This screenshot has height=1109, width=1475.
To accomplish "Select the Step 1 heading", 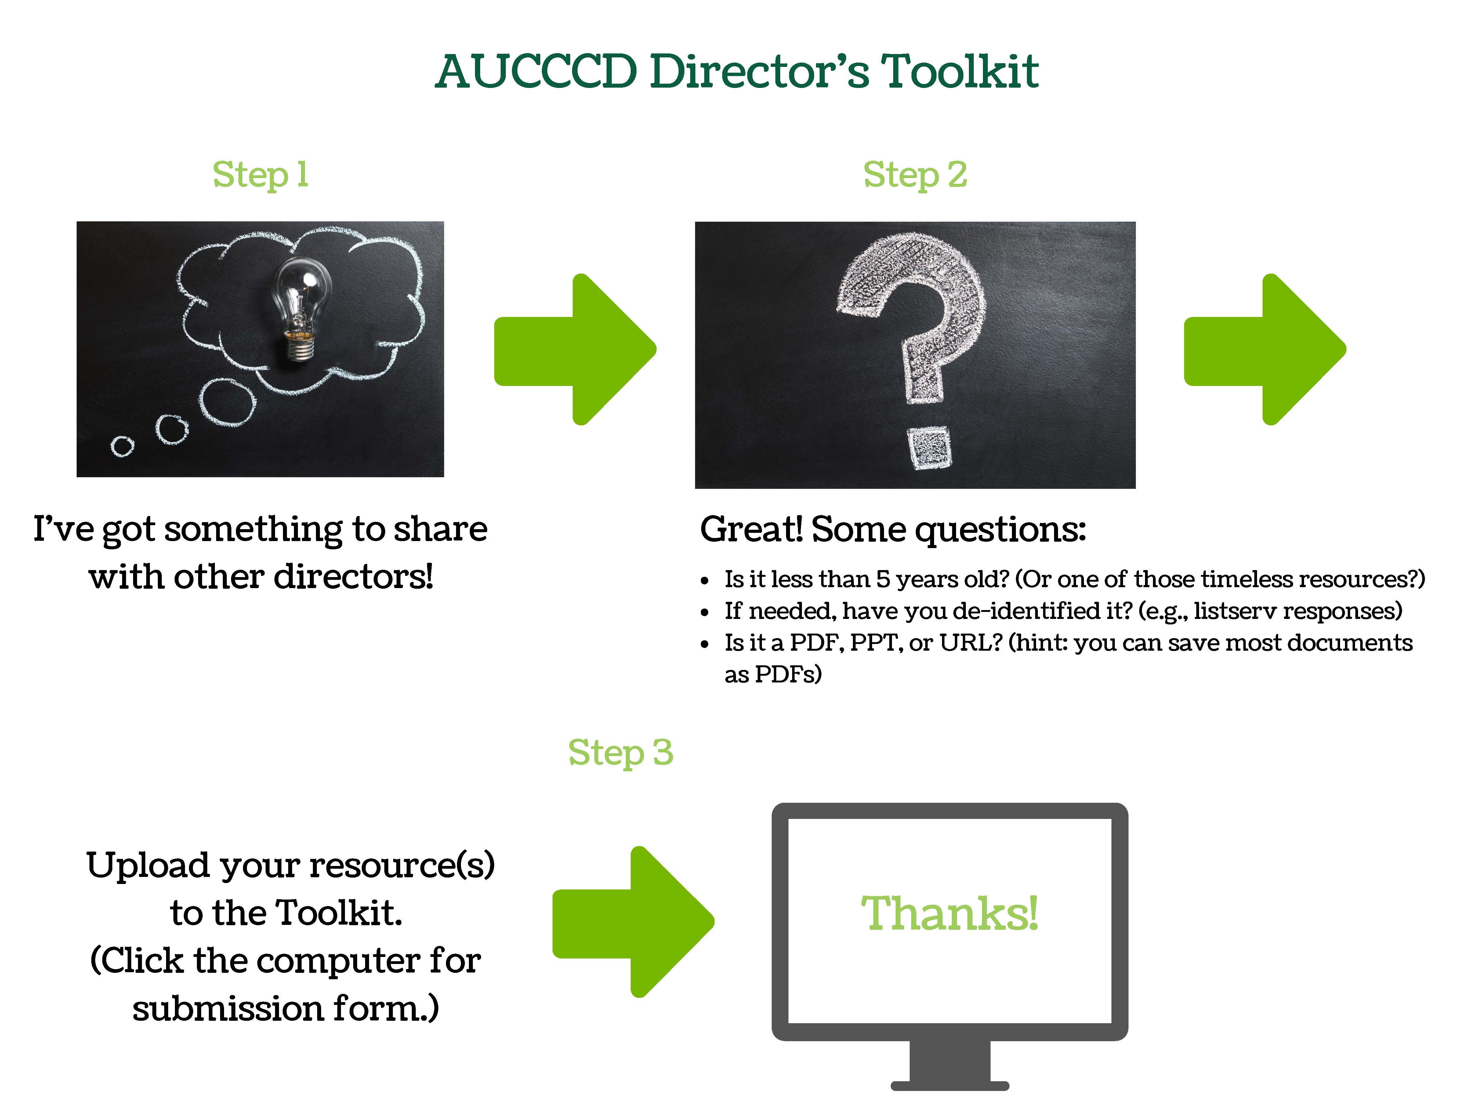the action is [x=260, y=175].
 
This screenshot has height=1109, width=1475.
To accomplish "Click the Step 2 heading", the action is [x=915, y=175].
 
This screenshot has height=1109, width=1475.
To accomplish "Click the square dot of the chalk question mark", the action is [x=930, y=449].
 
